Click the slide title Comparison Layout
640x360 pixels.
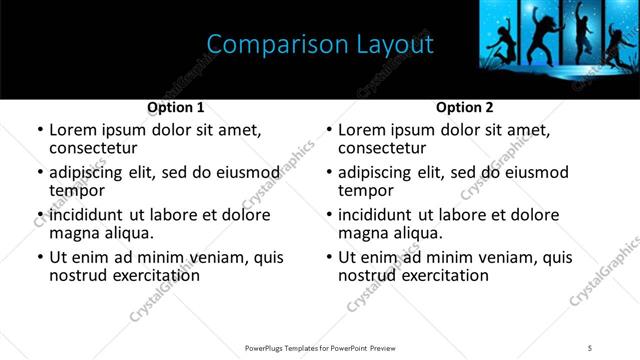[319, 45]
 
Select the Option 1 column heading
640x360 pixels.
[176, 107]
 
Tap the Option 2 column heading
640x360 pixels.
[465, 107]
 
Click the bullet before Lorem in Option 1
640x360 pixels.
[40, 131]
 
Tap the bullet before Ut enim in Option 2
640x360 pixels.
[329, 257]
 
